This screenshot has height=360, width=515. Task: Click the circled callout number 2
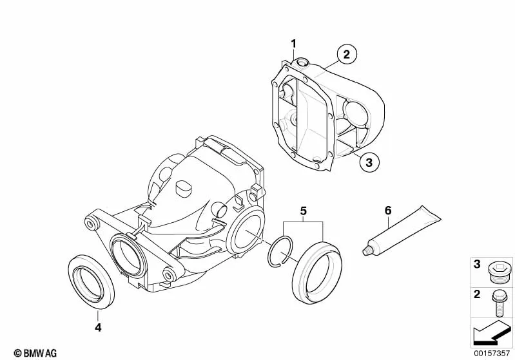347,55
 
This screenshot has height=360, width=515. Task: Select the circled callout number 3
369,162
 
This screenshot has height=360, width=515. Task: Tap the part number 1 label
293,44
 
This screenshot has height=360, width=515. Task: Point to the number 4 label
98,327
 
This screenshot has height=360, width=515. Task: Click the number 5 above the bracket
303,211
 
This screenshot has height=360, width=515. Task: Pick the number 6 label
388,211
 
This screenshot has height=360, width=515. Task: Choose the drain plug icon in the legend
498,272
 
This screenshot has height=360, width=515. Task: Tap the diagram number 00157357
492,354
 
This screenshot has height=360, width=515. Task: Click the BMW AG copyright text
35,353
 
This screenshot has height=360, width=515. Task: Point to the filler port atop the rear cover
302,62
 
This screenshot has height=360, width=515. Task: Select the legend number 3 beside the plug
477,264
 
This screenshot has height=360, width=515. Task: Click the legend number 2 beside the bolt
477,294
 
